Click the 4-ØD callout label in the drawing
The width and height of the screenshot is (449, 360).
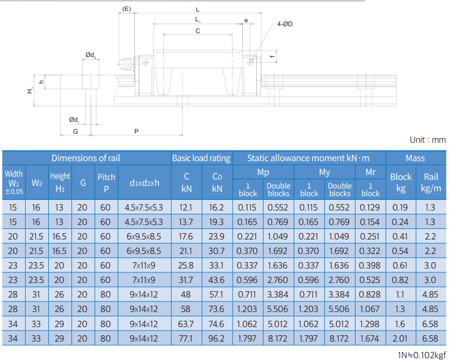(285, 24)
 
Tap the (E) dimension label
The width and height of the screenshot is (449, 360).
(126, 9)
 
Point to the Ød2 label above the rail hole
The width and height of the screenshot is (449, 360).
(90, 55)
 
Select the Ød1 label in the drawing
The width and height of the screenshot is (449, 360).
(74, 120)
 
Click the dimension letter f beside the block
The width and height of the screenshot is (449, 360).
(272, 56)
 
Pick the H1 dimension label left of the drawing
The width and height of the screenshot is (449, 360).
(30, 90)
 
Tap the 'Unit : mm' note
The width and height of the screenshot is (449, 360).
(428, 140)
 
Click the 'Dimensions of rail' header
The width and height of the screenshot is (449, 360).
(85, 158)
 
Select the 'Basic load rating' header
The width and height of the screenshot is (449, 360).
(201, 158)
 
